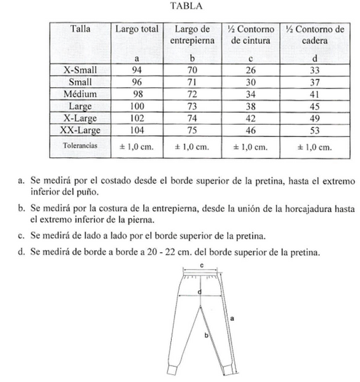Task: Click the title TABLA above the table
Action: click(188, 7)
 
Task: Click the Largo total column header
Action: click(137, 29)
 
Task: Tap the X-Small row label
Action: click(81, 70)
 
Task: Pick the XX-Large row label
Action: click(81, 131)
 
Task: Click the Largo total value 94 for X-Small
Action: click(136, 70)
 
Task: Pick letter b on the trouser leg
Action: click(206, 334)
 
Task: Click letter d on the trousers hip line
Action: click(200, 292)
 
